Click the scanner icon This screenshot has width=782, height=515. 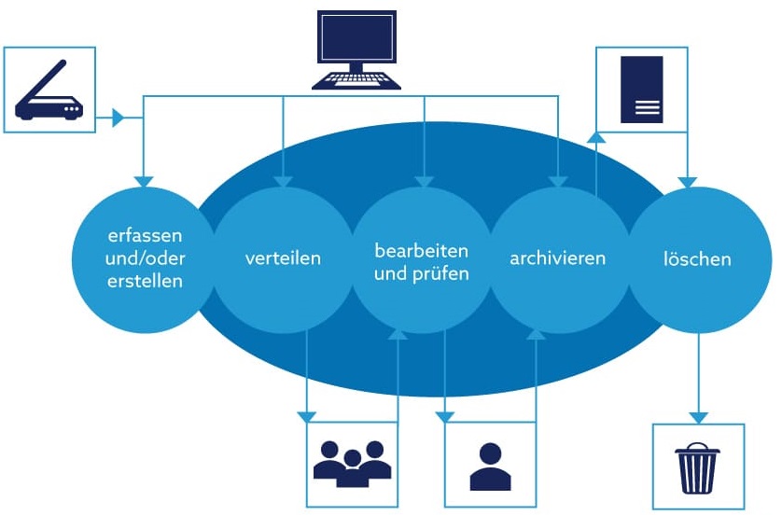click(49, 90)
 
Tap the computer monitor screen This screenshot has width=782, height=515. click(356, 38)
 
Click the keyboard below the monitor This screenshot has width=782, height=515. click(356, 78)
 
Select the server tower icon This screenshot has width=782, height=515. click(642, 90)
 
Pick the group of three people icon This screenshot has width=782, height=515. click(353, 462)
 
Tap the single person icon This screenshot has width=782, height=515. click(490, 466)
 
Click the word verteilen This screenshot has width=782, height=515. click(283, 258)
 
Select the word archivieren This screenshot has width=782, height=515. click(558, 257)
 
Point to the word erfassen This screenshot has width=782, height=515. click(143, 236)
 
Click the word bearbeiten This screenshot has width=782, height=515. click(422, 251)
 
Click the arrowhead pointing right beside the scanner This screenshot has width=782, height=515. click(118, 118)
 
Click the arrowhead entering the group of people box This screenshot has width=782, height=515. click(306, 416)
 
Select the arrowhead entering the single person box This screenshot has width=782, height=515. click(445, 416)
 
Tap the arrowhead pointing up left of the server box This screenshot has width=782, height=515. click(596, 137)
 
